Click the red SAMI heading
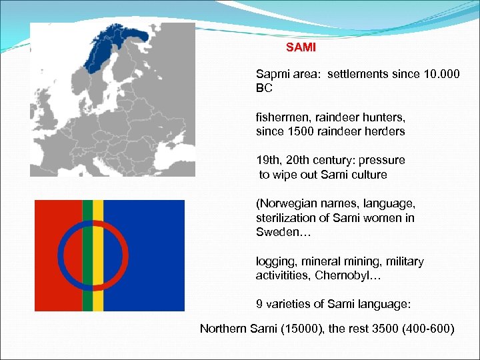coord(301,48)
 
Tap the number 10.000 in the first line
coord(441,74)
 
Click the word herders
coord(385,131)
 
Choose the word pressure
coord(382,161)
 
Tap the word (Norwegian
coord(285,204)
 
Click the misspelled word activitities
coord(283,275)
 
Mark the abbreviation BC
coord(264,88)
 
